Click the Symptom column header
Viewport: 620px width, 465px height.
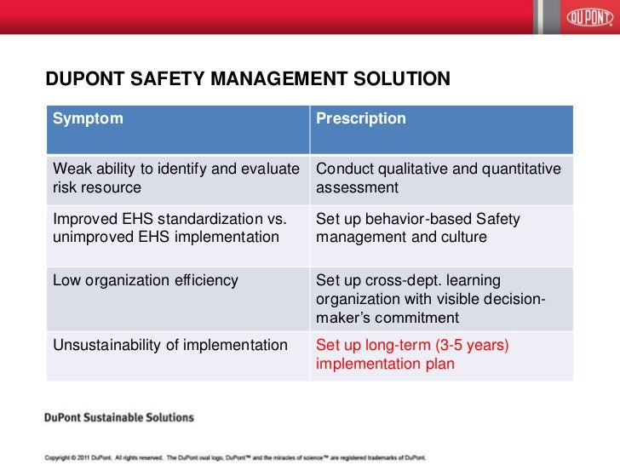(88, 118)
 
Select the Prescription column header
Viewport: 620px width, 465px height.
(361, 118)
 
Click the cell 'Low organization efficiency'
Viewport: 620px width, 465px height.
(146, 280)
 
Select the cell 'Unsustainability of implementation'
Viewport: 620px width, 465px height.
(169, 346)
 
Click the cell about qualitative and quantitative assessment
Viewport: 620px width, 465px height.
(438, 178)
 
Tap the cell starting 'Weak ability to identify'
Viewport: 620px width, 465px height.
(176, 178)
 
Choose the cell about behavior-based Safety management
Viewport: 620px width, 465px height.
(417, 228)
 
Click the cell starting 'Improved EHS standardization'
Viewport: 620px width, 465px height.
(169, 228)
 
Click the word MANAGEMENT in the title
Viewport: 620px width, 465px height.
(269, 80)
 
